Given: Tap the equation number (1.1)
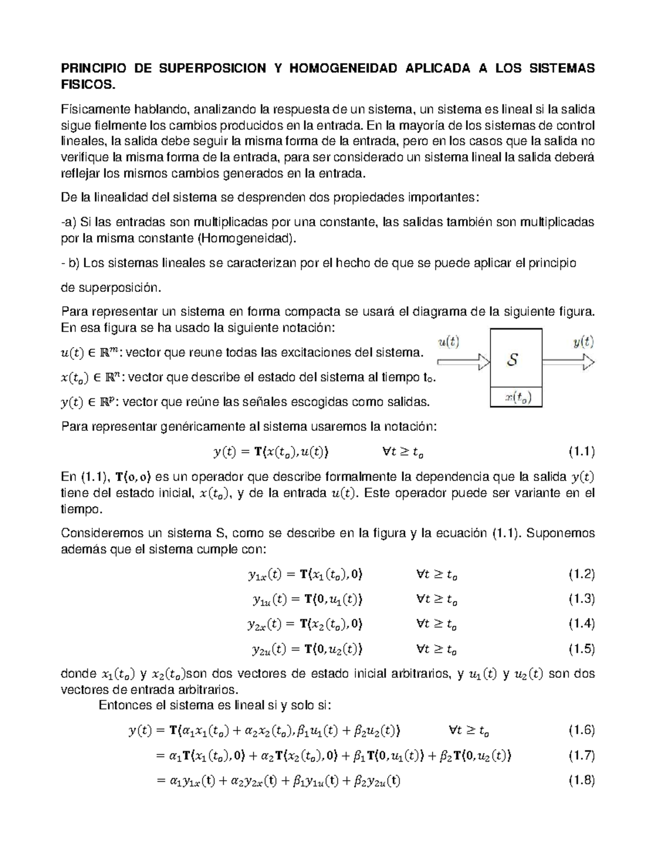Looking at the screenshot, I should click(581, 452).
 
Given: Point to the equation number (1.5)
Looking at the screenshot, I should click(581, 649).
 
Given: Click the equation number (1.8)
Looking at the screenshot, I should click(581, 781).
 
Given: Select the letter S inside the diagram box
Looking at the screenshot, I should click(513, 360).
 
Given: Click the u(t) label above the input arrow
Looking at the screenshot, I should click(449, 342).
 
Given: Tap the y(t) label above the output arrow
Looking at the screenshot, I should click(583, 342).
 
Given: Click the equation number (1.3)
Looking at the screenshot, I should click(581, 599).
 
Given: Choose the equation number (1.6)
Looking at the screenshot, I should click(581, 730).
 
